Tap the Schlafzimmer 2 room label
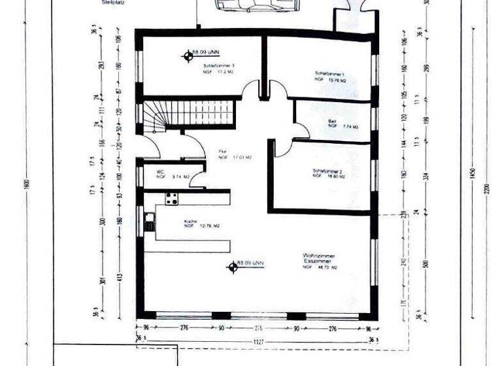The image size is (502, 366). click(327, 171)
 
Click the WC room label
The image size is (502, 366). click(159, 171)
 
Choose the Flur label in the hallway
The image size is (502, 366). click(222, 152)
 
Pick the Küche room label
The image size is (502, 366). click(191, 221)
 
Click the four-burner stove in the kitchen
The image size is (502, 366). click(173, 199)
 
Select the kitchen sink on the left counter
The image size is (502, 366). click(149, 222)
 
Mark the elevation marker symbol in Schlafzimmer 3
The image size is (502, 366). click(187, 56)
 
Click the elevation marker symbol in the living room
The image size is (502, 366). click(231, 267)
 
